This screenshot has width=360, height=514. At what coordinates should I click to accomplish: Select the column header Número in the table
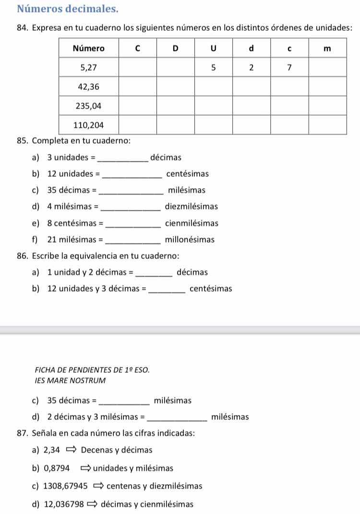pos(89,49)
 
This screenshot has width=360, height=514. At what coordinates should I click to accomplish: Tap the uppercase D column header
pos(175,49)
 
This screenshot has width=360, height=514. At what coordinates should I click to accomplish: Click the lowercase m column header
pos(327,49)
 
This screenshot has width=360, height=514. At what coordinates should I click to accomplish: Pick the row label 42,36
pos(89,86)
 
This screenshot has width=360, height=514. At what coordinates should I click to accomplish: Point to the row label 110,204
pos(89,125)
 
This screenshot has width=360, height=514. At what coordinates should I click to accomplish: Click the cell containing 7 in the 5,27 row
pos(289,68)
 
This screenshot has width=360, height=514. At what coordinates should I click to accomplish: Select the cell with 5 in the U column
pos(213,68)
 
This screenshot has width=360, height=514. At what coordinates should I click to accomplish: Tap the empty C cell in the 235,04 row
pos(137,106)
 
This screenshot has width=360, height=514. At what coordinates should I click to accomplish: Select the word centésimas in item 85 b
pos(187,174)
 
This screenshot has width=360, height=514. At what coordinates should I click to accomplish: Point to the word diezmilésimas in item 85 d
pos(191,207)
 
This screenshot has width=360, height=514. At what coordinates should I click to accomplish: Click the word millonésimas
pos(190,239)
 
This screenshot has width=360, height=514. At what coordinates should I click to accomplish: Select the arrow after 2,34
pos(71,450)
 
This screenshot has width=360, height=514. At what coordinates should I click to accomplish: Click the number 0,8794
pos(57,468)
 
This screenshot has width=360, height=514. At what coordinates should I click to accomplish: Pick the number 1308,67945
pos(65,486)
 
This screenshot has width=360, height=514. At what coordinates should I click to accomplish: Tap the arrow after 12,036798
pos(92,504)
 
